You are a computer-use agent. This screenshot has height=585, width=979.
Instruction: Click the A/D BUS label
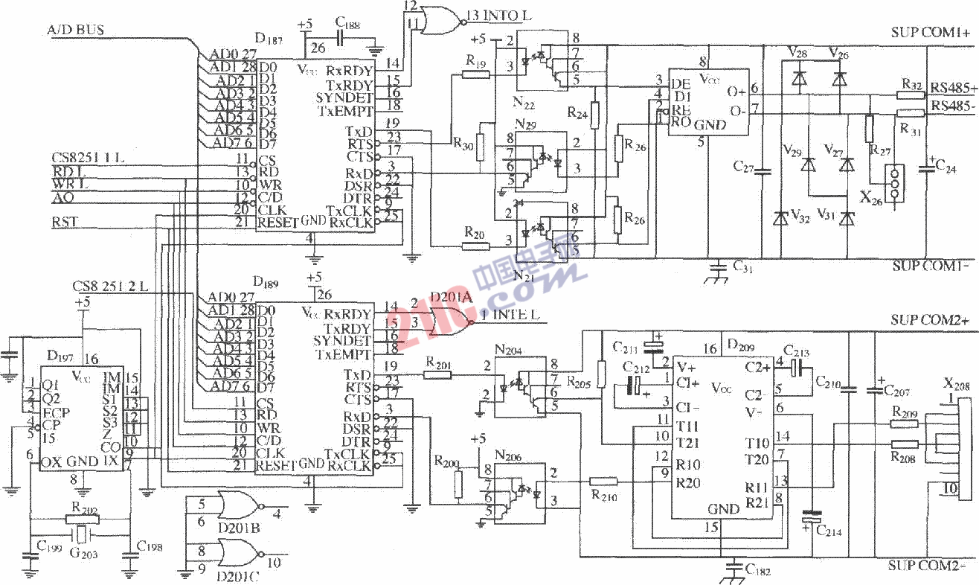click(75, 31)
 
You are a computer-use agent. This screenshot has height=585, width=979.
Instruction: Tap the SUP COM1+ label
click(930, 33)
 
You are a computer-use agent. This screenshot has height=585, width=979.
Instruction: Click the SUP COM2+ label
click(929, 320)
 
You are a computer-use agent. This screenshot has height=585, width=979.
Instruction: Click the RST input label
click(63, 221)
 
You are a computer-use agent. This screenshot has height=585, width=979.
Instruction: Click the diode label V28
click(797, 53)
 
